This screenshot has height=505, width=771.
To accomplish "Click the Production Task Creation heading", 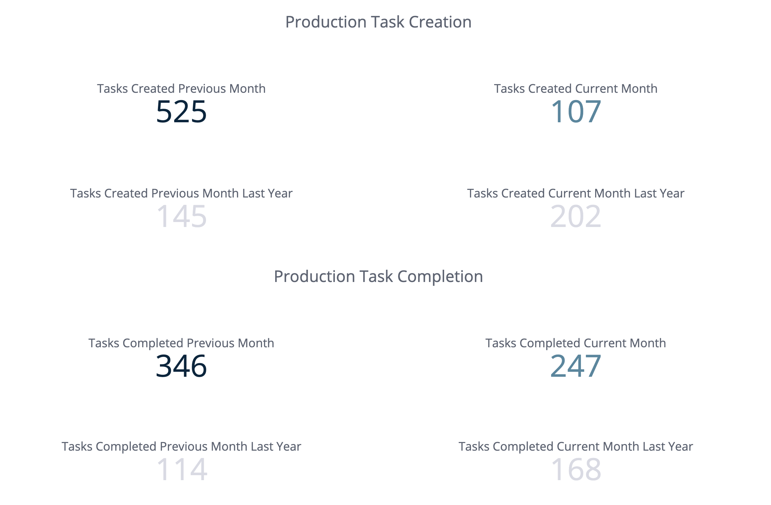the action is [378, 22].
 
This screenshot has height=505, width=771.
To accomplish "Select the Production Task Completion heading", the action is [378, 277].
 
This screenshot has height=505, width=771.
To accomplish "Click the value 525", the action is [181, 112].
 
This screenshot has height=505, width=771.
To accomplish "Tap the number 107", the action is [576, 112].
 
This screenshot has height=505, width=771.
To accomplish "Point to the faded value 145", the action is [181, 216].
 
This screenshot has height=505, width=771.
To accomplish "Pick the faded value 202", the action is [576, 216].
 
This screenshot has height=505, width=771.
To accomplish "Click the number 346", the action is [181, 366].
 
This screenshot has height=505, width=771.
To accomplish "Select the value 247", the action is [576, 366].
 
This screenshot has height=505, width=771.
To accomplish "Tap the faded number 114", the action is [182, 470].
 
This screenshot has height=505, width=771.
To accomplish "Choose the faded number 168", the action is [576, 470].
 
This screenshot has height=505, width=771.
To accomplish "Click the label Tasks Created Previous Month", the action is [181, 89].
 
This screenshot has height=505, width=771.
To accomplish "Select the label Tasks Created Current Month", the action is [576, 89].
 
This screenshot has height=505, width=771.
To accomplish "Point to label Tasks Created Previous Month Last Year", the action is [181, 194].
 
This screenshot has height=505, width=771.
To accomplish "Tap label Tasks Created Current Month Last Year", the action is [576, 194].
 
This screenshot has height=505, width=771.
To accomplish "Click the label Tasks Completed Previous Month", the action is [181, 343].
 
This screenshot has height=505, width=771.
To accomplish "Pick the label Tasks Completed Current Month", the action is [576, 343].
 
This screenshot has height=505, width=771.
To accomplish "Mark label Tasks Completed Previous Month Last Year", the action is [181, 447].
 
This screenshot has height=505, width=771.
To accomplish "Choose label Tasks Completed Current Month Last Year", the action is [576, 447].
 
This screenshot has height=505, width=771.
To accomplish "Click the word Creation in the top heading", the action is [440, 22].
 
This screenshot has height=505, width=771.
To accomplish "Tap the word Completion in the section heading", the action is [440, 277].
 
